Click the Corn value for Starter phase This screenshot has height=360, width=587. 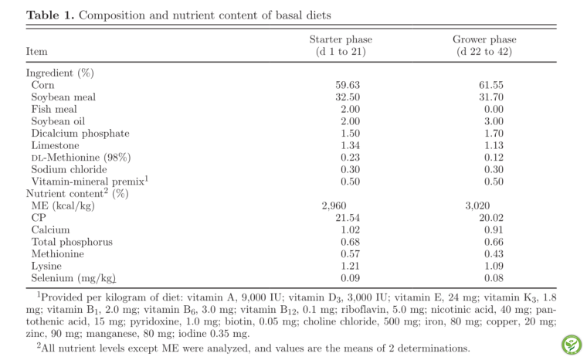point(348,85)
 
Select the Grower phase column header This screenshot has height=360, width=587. point(484,45)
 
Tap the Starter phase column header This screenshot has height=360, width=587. point(341,45)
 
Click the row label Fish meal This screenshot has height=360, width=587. point(54,109)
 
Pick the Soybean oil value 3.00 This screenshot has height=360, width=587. point(494,121)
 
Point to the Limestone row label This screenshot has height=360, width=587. point(55,145)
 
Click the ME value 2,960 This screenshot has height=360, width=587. point(334,205)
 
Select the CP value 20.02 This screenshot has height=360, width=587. point(491,218)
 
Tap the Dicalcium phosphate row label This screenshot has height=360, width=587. point(80,134)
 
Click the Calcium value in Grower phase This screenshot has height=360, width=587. point(494,229)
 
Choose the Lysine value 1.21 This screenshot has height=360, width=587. point(350,266)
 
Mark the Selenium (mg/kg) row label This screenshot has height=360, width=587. point(73,278)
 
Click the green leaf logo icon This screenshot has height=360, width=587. point(572,345)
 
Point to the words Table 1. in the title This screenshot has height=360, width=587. point(50,15)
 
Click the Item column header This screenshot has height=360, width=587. point(37,51)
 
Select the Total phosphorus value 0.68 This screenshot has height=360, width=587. point(350,242)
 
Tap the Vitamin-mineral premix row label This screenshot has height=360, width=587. point(90,181)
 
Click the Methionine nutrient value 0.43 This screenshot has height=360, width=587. point(494,254)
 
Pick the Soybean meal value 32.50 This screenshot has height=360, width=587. point(348,97)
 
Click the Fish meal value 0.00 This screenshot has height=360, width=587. point(494,109)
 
